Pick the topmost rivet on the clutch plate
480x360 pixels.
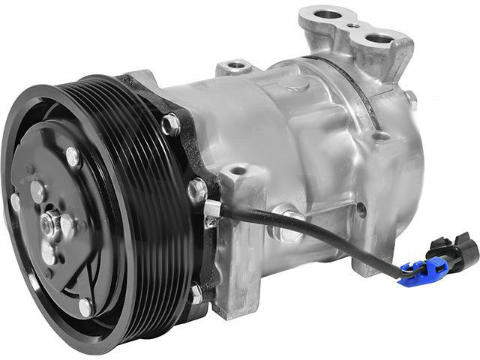(x=72, y=157)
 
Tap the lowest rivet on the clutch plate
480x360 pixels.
(x=85, y=306)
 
